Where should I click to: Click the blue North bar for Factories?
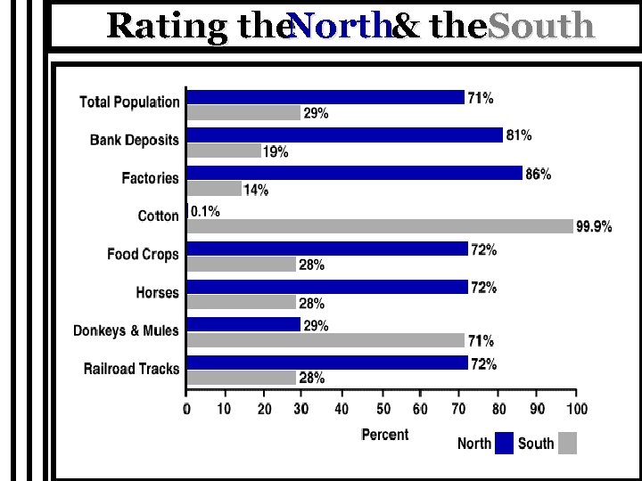[x=355, y=173]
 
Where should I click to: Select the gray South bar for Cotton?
[x=381, y=226]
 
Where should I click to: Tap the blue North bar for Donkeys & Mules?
[x=243, y=324]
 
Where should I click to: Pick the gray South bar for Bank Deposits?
[x=225, y=151]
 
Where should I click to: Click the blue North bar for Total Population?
[x=325, y=97]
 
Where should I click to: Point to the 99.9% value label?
[x=594, y=227]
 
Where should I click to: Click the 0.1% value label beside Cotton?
[x=205, y=212]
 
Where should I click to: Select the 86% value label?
[x=538, y=174]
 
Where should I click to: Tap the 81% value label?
[x=519, y=135]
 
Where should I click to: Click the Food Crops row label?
[x=143, y=255]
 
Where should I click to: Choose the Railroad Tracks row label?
[x=131, y=369]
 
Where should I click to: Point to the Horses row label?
[x=157, y=293]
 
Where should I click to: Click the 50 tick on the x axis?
[x=382, y=409]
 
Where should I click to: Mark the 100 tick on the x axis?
[x=576, y=409]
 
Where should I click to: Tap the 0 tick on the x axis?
[x=186, y=409]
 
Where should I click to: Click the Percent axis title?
[x=385, y=435]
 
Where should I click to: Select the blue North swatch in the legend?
[x=505, y=443]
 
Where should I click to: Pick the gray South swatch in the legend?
[x=568, y=443]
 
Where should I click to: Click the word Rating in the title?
[x=168, y=27]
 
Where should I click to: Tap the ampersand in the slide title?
[x=407, y=27]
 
